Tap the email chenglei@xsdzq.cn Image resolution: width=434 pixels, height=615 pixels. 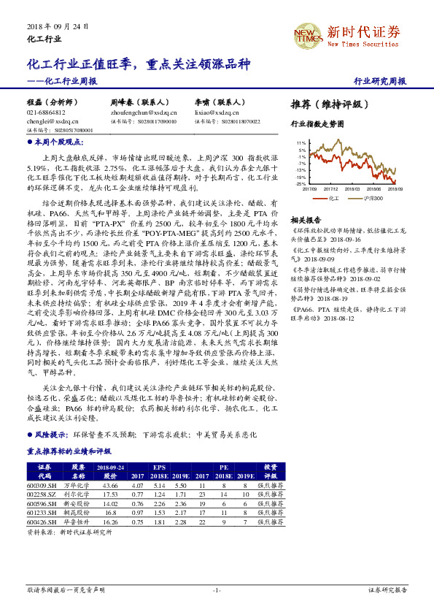45,122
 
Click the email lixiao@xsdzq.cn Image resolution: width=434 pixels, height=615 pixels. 217,113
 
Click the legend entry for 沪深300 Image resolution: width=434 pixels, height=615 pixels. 370,197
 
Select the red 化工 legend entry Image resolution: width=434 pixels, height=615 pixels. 330,197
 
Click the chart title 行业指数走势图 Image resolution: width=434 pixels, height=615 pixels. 317,125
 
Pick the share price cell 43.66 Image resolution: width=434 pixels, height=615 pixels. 111,485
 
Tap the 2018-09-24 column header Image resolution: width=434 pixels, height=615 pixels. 111,466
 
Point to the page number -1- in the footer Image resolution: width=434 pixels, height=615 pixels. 217,589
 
